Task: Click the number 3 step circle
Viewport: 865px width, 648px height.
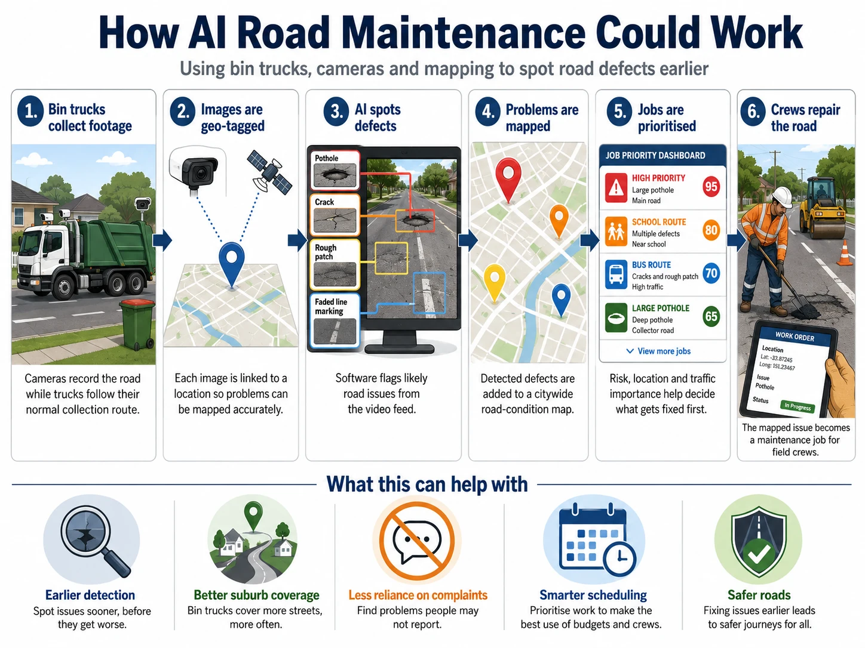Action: [x=336, y=112]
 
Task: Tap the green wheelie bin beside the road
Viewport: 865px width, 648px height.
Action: [x=137, y=324]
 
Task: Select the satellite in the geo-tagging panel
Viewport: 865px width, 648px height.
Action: [x=269, y=172]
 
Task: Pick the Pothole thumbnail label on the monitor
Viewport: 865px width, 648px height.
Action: [x=326, y=158]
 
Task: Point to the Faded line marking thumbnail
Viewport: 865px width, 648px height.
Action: [x=335, y=320]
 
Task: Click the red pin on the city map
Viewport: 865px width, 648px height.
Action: [x=508, y=180]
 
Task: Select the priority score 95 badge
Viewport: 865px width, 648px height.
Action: [x=711, y=187]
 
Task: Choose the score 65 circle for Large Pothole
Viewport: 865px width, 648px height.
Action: [x=711, y=316]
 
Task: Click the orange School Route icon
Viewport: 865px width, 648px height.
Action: [x=616, y=232]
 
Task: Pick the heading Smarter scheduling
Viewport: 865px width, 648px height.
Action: [x=593, y=595]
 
